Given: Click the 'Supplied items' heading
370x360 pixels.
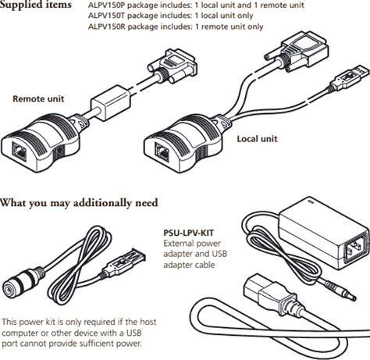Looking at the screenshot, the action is [x=36, y=5].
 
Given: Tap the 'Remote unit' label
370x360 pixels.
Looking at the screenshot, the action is [x=38, y=99].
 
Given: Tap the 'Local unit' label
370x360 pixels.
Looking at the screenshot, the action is [x=257, y=139].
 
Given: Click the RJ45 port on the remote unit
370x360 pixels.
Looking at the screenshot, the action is [x=19, y=151].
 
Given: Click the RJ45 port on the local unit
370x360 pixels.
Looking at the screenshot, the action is [x=162, y=151].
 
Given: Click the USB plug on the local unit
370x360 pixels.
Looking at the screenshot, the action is [x=350, y=77].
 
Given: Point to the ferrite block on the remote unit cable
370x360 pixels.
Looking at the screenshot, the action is [x=110, y=103].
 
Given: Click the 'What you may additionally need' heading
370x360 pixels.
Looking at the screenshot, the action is [x=79, y=203].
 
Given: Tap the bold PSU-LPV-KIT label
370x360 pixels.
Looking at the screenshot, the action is [x=189, y=233].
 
